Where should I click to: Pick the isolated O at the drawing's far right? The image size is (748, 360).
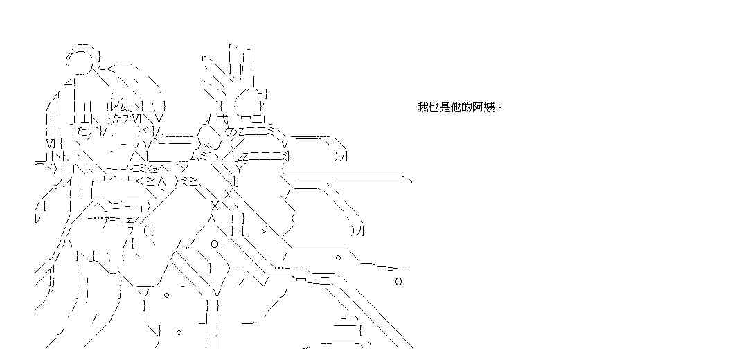398,281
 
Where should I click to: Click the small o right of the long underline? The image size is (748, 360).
338,257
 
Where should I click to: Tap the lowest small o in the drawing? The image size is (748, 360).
179,332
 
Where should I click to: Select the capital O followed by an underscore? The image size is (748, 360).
214,244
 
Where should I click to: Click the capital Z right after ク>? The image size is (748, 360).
242,132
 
